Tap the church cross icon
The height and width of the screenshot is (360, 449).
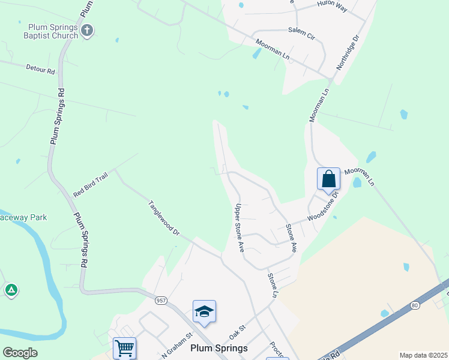click(87, 31)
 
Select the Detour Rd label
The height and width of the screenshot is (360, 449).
click(40, 70)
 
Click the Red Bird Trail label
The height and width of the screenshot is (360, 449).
click(90, 184)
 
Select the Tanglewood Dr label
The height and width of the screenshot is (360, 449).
click(164, 217)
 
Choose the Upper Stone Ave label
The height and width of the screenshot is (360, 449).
click(239, 227)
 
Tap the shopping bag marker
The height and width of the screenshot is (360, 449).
click(328, 179)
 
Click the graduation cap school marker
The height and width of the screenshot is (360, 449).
click(204, 311)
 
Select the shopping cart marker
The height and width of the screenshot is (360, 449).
click(124, 347)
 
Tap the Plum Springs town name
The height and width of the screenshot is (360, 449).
click(219, 348)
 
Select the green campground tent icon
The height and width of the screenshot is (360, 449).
click(11, 290)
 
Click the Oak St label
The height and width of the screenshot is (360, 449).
click(238, 330)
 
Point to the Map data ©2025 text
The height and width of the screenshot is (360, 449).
click(423, 355)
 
